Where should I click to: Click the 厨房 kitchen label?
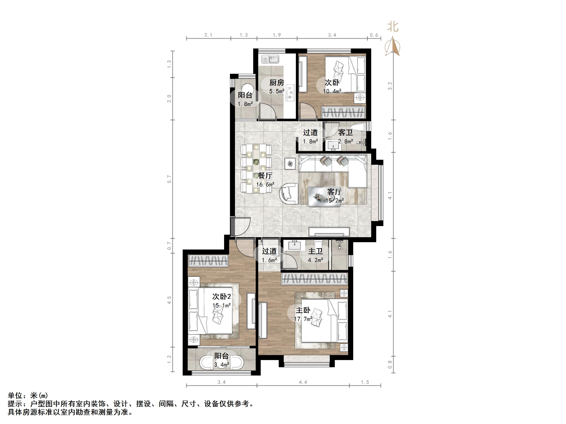277,83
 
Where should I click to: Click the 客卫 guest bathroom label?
345,132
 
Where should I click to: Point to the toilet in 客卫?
358,128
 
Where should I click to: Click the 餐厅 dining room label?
265,176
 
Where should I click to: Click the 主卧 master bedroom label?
303,310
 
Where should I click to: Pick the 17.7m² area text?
303,319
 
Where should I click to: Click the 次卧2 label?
222,297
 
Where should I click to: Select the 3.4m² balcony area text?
222,365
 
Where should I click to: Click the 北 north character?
393,27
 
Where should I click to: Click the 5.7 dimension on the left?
169,179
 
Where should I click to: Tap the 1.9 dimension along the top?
277,35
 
